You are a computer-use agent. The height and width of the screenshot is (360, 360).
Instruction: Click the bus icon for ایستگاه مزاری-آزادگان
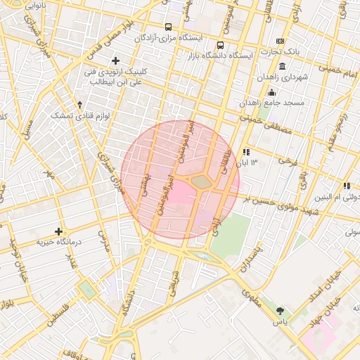pos(168,27)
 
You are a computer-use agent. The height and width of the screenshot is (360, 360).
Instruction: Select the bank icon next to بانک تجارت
pos(280,41)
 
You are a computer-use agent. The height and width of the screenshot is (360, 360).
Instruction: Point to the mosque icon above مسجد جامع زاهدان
pos(271,93)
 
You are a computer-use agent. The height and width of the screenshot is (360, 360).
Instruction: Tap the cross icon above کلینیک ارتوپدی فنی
pos(116,61)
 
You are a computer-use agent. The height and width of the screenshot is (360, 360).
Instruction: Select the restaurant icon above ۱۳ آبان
pos(245,152)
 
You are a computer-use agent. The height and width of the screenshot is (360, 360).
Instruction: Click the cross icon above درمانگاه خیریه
pos(59,231)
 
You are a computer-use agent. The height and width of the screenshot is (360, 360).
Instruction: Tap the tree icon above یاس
pos(281,310)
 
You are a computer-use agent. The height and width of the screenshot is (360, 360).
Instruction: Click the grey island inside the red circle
pos(202,182)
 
